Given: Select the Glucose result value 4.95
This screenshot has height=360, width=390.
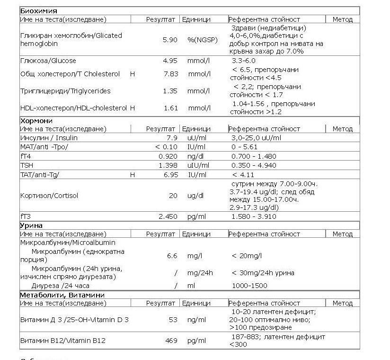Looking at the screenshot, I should pos(170,61).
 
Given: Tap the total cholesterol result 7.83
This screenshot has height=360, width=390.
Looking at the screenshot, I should pos(170,74).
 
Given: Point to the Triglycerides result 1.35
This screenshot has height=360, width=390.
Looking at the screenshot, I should pos(170,91).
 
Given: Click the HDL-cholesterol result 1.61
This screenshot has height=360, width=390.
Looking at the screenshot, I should pos(170,108).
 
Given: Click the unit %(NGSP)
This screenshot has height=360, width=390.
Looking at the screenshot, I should pos(202,40).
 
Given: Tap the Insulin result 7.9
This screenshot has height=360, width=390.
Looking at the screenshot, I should pos(172,137).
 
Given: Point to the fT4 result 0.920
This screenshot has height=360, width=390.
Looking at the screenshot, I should pos(168,156).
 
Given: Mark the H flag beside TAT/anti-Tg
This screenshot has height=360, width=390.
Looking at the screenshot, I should pos(133,175).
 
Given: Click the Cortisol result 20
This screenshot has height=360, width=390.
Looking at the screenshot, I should pos(173,195).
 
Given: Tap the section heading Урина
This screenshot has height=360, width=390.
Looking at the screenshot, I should pos(31,225).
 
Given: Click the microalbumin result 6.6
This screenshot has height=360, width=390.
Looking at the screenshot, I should pos(172,256).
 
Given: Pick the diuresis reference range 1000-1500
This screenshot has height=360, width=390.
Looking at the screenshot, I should pos(249,286).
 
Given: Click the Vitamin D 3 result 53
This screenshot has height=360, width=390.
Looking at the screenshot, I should pos(173,320).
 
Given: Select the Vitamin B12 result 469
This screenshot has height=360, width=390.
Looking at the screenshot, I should pos(171,341).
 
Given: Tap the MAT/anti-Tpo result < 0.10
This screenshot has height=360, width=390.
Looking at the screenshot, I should pos(166,146).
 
